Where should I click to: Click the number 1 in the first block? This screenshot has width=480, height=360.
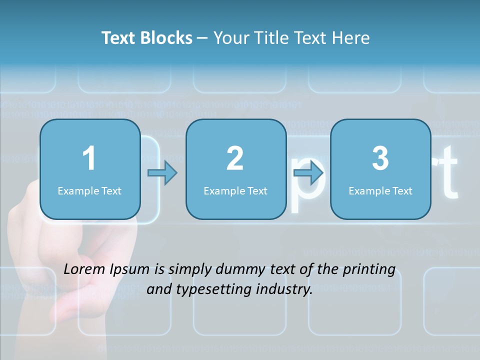(89, 158)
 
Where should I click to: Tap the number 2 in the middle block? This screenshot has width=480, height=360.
(235, 158)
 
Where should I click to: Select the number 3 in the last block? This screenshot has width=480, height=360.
(380, 158)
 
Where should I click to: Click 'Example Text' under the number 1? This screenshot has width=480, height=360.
(89, 190)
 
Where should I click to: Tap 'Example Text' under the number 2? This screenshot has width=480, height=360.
(235, 190)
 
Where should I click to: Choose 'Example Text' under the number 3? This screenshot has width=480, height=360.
(380, 190)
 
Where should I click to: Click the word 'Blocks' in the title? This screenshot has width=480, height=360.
(167, 38)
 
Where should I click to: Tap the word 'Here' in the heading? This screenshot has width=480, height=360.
(351, 38)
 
